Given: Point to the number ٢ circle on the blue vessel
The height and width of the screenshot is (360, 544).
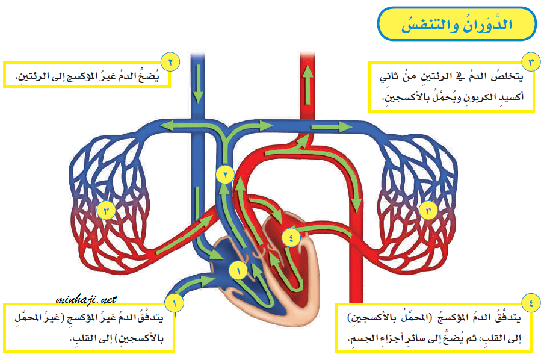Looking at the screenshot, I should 224,175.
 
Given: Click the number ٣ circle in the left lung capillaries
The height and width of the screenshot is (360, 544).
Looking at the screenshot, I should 105,210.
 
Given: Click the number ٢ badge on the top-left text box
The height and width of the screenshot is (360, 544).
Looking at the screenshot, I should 171,61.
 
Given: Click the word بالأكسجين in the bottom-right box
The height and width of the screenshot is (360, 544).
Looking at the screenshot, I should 376,317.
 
